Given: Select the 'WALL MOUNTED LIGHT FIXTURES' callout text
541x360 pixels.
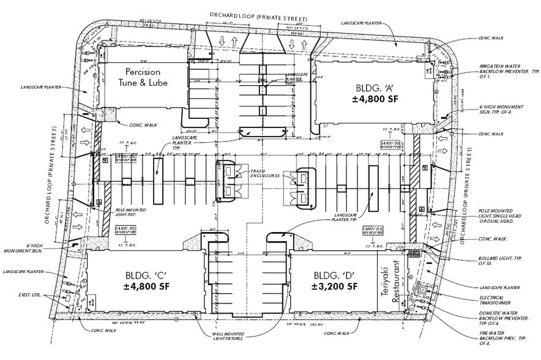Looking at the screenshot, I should (226, 337).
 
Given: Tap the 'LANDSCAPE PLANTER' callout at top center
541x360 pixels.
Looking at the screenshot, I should (363, 23).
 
